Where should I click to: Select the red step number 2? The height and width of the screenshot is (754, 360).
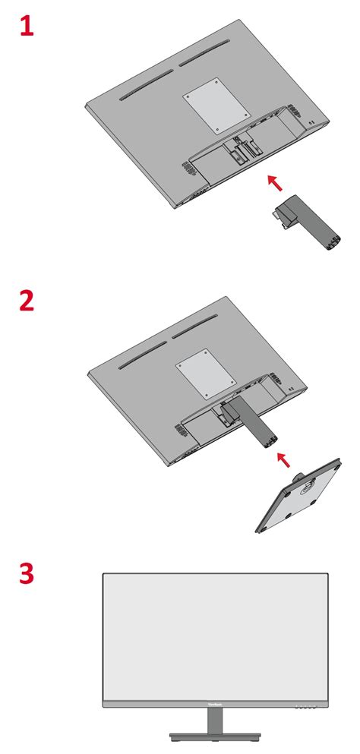27,301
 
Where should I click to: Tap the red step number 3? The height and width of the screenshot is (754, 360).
27,573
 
